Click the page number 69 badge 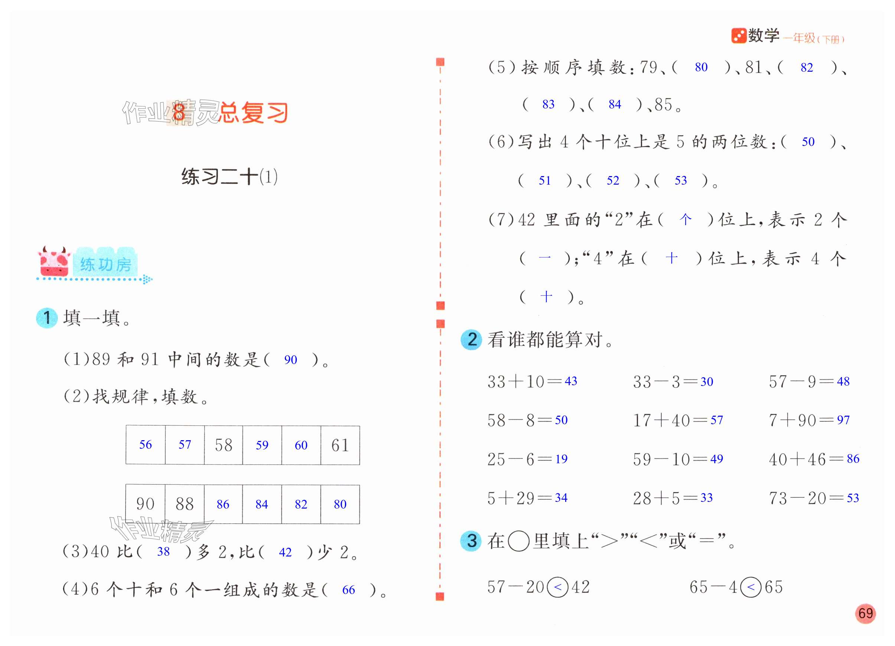pyautogui.click(x=865, y=613)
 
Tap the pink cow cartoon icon pyautogui.click(x=55, y=262)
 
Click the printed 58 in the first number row pyautogui.click(x=223, y=445)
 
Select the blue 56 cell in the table pyautogui.click(x=145, y=445)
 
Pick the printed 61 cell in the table pyautogui.click(x=340, y=445)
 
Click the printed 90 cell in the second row pyautogui.click(x=145, y=504)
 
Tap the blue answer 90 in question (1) pyautogui.click(x=290, y=360)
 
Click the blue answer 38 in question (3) pyautogui.click(x=163, y=551)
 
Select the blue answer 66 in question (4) pyautogui.click(x=348, y=590)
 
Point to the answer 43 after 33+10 pyautogui.click(x=571, y=381)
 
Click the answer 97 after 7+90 pyautogui.click(x=843, y=420)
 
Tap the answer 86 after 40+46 pyautogui.click(x=853, y=458)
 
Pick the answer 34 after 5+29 pyautogui.click(x=561, y=498)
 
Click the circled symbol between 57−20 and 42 pyautogui.click(x=557, y=587)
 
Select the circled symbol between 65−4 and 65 pyautogui.click(x=751, y=587)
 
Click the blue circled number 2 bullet pyautogui.click(x=472, y=340)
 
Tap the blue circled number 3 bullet pyautogui.click(x=472, y=541)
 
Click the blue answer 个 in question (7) pyautogui.click(x=686, y=220)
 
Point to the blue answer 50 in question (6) pyautogui.click(x=808, y=142)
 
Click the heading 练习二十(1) pyautogui.click(x=229, y=176)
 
